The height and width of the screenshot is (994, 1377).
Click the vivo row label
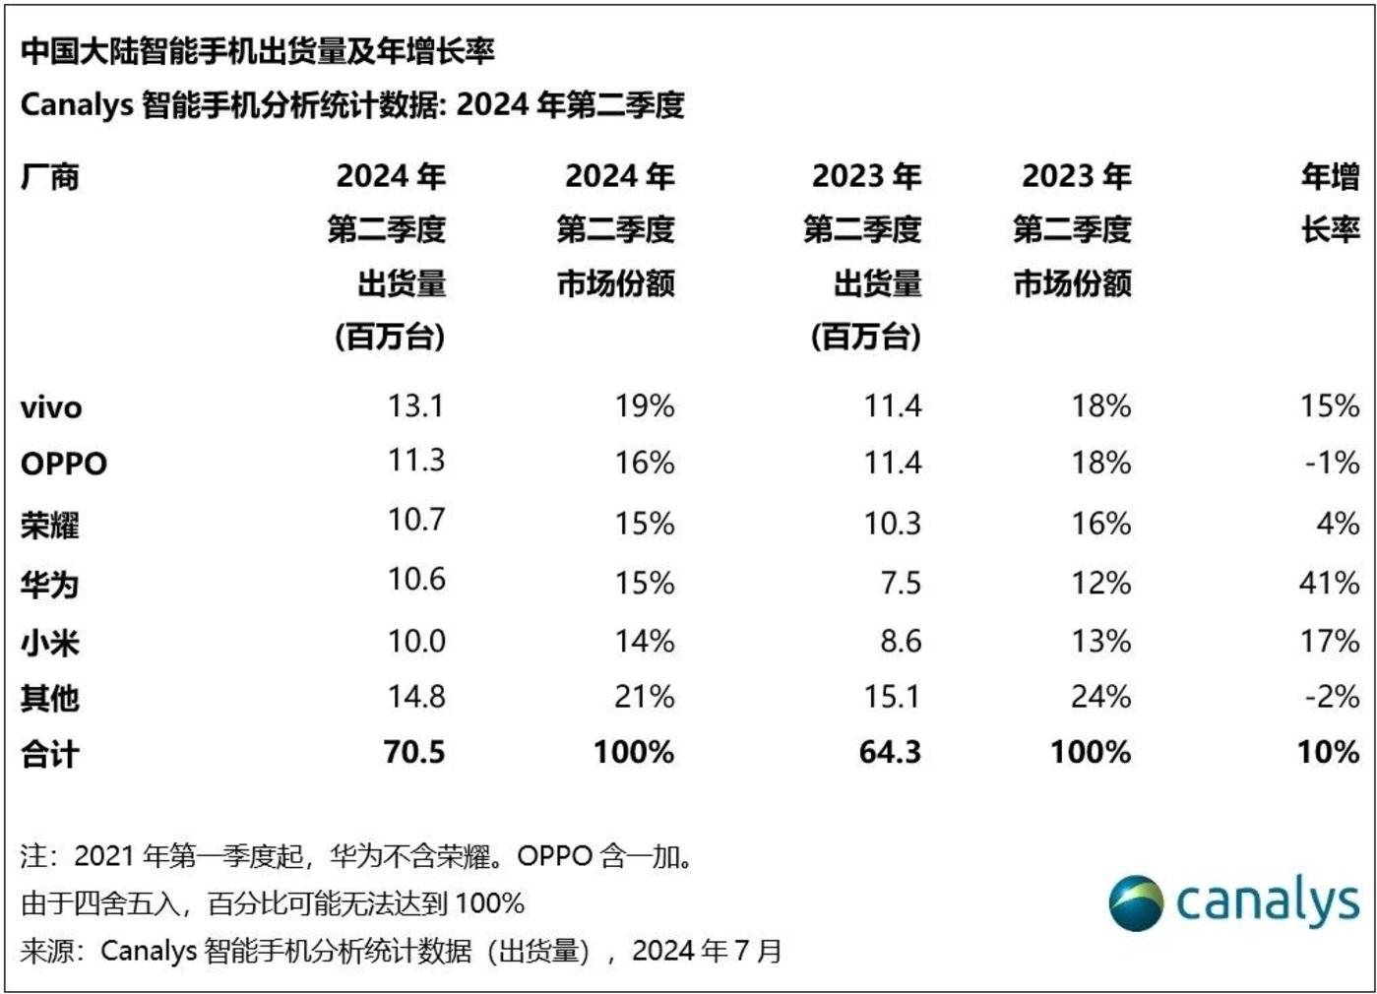[x=51, y=407]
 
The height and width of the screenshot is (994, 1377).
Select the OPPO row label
[x=64, y=464]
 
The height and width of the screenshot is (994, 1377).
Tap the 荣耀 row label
[x=50, y=525]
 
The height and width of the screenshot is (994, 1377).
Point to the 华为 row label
[x=50, y=584]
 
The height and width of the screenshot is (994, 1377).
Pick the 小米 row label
[x=50, y=642]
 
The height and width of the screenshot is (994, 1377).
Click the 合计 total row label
[x=50, y=754]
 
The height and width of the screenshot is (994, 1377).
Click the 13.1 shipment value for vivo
[x=415, y=405]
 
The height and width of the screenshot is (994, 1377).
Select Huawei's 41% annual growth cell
[x=1329, y=583]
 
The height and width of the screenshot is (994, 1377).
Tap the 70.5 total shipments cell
[x=414, y=752]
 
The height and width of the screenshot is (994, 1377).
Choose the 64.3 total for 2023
[x=890, y=752]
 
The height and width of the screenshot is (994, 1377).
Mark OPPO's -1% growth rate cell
[x=1332, y=463]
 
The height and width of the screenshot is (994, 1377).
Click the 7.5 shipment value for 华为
[x=901, y=583]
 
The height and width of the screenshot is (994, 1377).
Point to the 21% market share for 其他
[x=645, y=697]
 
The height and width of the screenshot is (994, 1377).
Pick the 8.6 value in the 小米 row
[x=901, y=642]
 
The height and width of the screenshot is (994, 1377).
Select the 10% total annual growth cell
[x=1328, y=752]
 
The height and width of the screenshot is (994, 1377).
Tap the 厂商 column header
[x=50, y=178]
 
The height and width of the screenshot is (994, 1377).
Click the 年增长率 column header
[x=1330, y=204]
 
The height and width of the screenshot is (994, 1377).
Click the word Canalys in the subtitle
[x=77, y=104]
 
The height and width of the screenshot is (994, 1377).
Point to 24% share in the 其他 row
[x=1100, y=697]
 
